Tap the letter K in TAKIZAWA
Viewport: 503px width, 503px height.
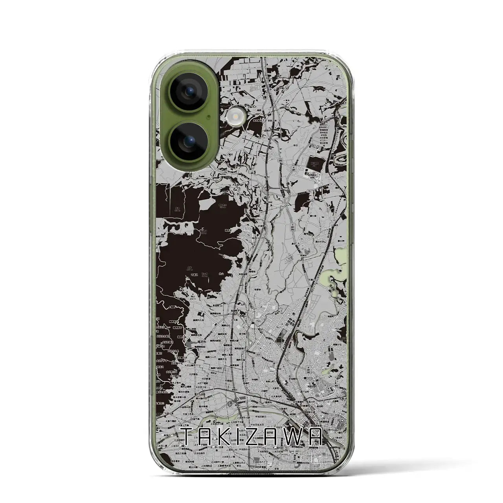coord(230,437)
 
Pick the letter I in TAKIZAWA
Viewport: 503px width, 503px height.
coord(246,437)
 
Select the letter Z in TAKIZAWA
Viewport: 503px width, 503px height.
coord(263,437)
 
